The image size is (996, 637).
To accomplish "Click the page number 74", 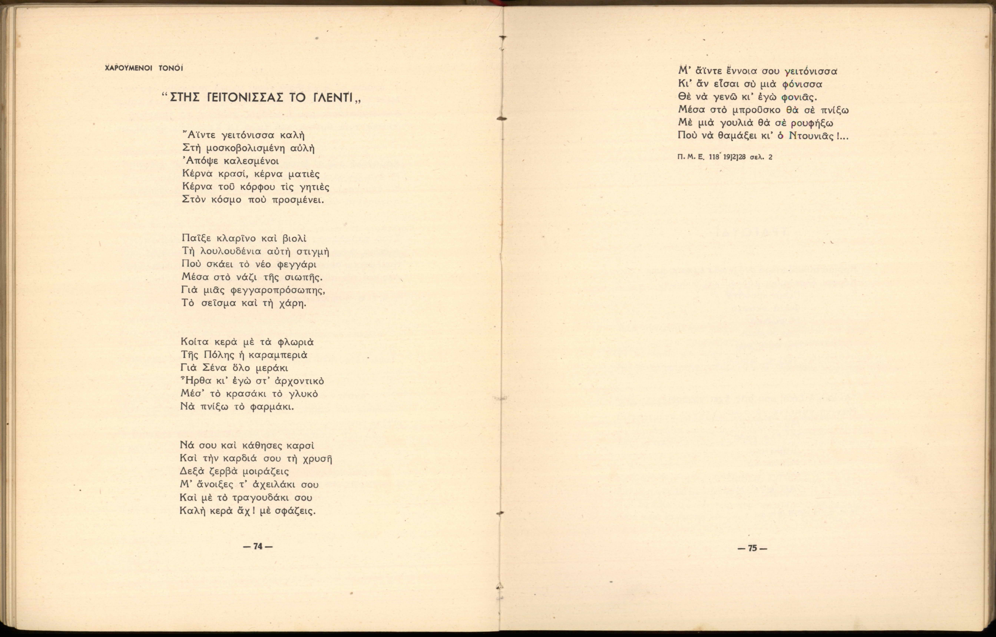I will (x=258, y=546).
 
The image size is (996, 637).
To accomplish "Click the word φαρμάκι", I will (x=273, y=407).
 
